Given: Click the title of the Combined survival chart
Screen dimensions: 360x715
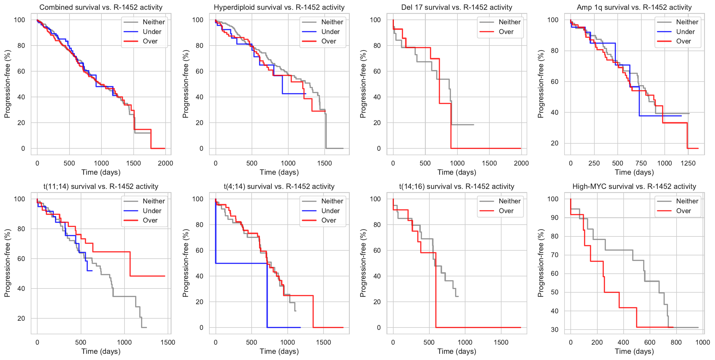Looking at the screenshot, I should (101, 7).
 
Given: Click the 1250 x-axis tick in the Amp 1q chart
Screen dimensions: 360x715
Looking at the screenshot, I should (688, 163).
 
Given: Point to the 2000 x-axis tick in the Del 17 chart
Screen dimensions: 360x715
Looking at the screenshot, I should (521, 163).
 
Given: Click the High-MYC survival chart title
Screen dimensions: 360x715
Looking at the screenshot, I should (634, 187).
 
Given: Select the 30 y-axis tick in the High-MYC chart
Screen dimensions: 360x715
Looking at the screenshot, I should (555, 330).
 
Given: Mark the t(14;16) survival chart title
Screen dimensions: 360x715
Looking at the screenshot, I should (457, 187).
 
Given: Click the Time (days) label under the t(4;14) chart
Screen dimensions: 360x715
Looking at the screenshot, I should (279, 351).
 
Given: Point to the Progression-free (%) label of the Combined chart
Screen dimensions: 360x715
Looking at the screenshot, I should (7, 84).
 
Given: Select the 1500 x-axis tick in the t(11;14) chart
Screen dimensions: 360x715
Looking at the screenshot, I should (168, 342).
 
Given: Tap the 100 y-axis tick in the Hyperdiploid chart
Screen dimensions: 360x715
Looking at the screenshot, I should (198, 20).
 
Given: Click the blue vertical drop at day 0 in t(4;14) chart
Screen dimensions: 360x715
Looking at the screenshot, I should (216, 233).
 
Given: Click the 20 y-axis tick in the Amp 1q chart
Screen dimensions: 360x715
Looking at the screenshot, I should (555, 143).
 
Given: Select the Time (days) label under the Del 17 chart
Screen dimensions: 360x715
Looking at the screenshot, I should (457, 172).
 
